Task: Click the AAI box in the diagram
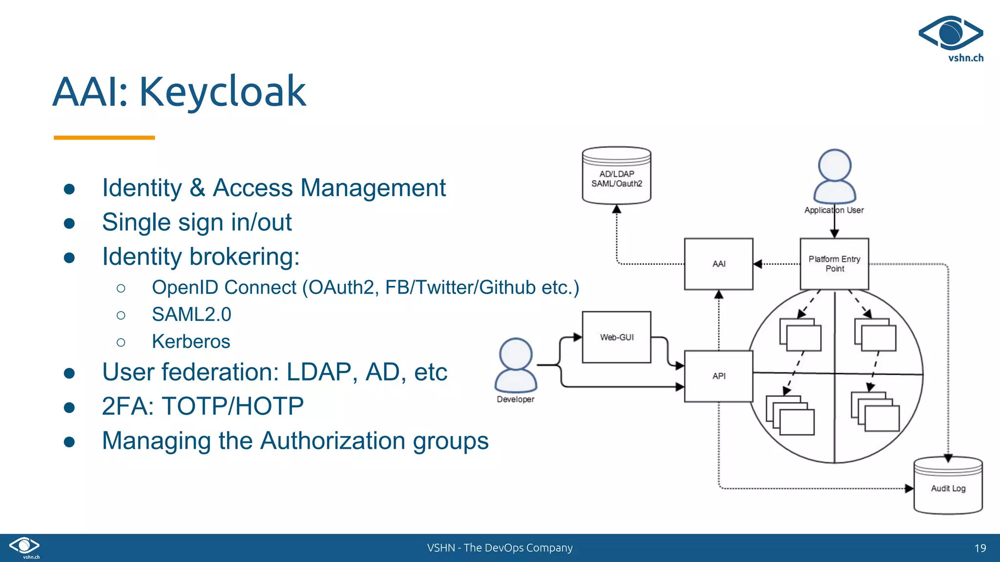pos(718,264)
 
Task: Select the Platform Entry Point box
pos(834,264)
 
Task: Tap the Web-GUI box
pos(616,337)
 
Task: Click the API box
pos(718,376)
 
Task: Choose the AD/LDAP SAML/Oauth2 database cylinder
pos(616,176)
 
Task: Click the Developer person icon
pos(516,366)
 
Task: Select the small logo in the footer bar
pos(24,546)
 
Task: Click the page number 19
pos(980,548)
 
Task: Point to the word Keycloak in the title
pos(223,92)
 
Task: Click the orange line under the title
pos(104,138)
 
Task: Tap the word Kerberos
pos(191,341)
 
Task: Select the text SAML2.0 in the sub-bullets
pos(191,315)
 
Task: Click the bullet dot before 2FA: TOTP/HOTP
pos(69,407)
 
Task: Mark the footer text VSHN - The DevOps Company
pos(500,548)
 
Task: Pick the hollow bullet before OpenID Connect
pos(121,288)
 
